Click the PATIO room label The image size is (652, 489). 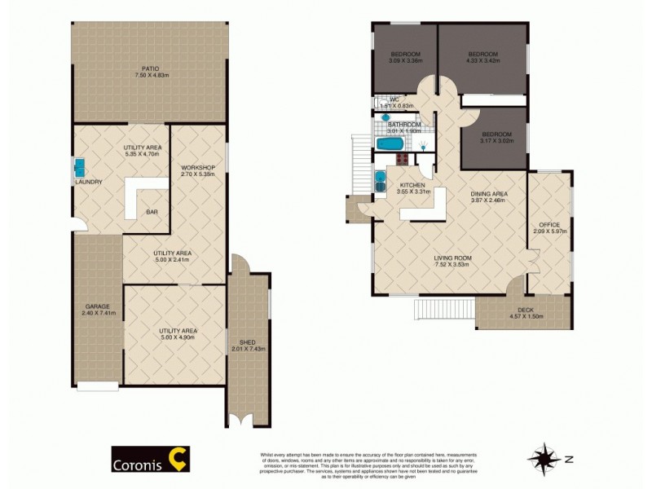[148, 68]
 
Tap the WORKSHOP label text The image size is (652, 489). [197, 167]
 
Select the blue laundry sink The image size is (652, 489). [81, 168]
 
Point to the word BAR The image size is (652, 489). [152, 213]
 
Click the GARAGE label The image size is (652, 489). [95, 306]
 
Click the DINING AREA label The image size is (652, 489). [489, 193]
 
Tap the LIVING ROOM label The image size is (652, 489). [452, 258]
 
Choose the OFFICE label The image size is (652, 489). [548, 224]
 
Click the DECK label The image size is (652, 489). [526, 310]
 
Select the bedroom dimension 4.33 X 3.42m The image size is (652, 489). [482, 59]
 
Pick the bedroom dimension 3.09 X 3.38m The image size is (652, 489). [404, 59]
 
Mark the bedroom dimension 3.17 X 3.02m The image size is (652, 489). [496, 140]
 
